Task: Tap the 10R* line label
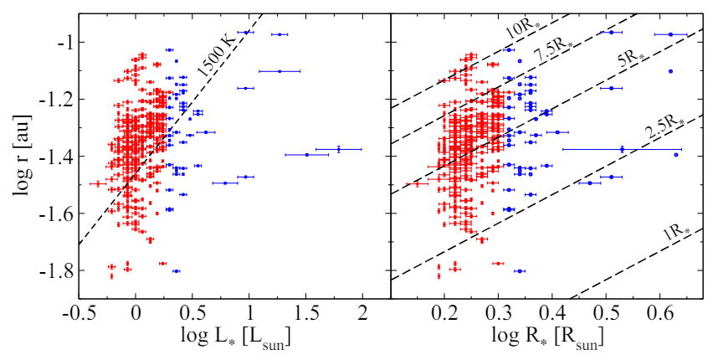coord(522,30)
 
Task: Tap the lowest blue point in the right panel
coord(520,271)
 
